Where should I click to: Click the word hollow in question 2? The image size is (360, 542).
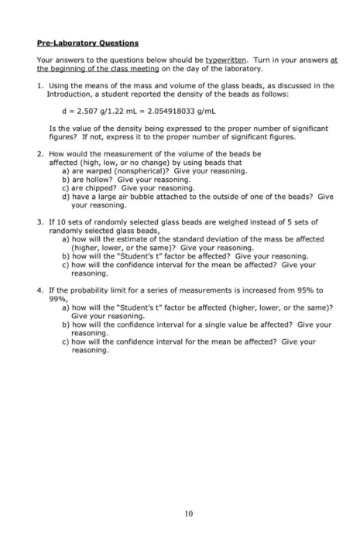point(94,178)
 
